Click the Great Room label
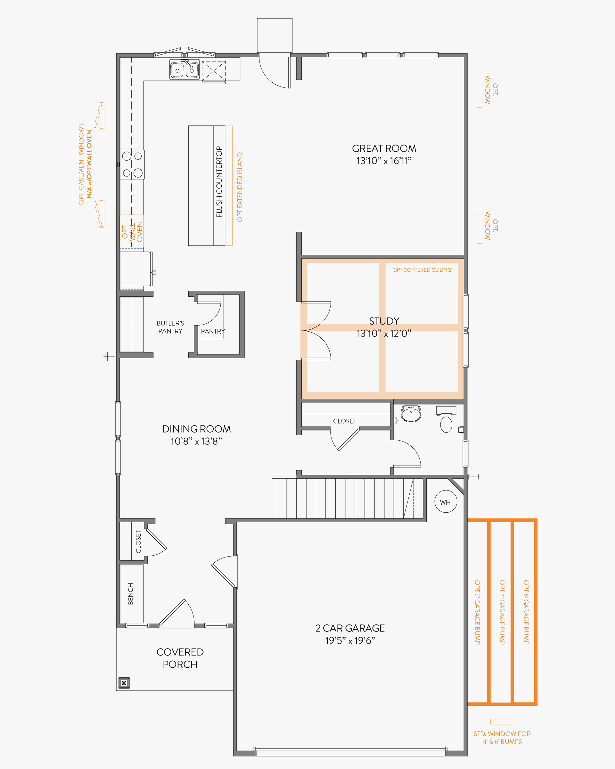[384, 148]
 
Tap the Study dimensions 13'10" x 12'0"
[384, 334]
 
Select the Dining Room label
[196, 429]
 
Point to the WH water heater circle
[446, 502]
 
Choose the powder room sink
[411, 413]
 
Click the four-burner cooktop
[132, 164]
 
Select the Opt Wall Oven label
[132, 232]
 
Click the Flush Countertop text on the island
[219, 182]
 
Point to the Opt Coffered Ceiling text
[422, 270]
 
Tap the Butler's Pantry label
[170, 327]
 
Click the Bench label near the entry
[130, 594]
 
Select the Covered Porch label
[180, 658]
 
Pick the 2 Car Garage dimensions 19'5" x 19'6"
[350, 641]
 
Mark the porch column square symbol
[124, 683]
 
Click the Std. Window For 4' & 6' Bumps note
[502, 738]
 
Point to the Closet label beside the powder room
[345, 421]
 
